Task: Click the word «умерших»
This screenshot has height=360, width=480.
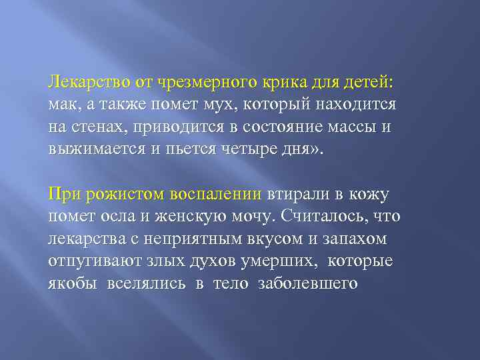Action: click(x=268, y=261)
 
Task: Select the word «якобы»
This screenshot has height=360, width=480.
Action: click(x=70, y=283)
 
